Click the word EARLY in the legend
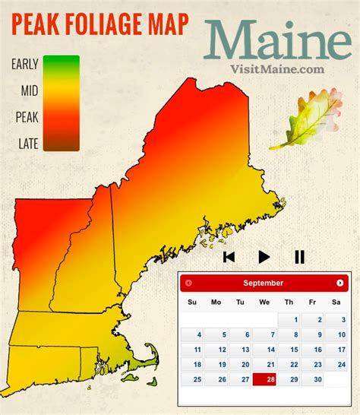[24, 65]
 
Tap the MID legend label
[30, 91]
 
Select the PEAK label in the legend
[27, 117]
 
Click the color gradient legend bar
[61, 103]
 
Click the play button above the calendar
[264, 257]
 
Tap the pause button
[299, 257]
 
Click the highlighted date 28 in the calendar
[264, 379]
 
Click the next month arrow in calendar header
[339, 283]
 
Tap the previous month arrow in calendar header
[188, 283]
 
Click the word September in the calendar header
[264, 283]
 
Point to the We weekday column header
[264, 303]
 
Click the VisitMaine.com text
[276, 68]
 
